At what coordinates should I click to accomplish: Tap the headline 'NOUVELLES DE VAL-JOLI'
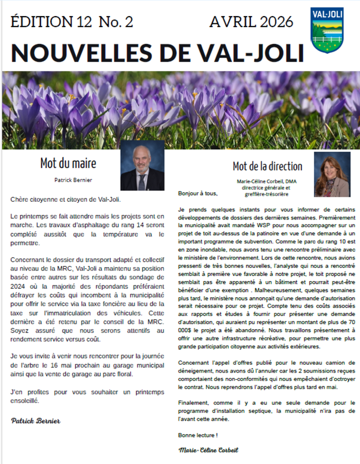click(x=157, y=53)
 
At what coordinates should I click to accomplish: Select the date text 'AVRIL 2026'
click(x=251, y=22)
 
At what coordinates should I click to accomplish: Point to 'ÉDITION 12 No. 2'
click(x=73, y=22)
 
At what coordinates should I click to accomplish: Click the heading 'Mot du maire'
click(x=68, y=164)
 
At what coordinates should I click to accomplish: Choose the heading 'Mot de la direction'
click(x=268, y=166)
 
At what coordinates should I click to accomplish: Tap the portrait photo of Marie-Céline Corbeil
click(x=332, y=175)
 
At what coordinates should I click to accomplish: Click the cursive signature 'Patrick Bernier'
click(x=36, y=421)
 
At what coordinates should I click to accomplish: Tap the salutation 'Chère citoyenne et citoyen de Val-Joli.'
click(x=65, y=198)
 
